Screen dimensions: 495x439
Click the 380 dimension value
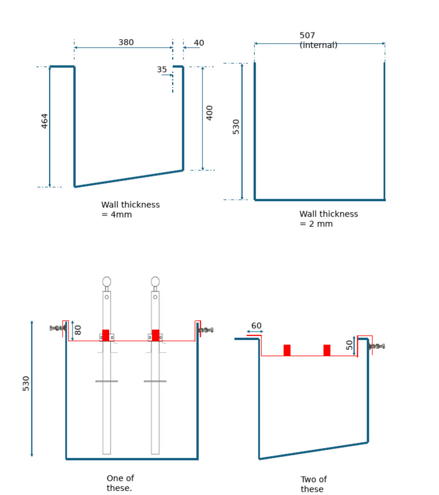tap(126, 42)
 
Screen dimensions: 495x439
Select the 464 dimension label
tap(45, 121)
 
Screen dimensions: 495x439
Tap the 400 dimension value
tap(210, 113)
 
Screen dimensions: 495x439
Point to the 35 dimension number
tap(162, 70)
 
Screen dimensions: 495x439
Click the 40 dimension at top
tap(199, 43)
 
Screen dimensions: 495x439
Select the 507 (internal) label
tap(318, 40)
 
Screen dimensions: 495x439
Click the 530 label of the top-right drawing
tap(236, 126)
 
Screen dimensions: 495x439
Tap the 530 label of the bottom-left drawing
tap(26, 384)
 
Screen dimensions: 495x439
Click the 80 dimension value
tap(78, 330)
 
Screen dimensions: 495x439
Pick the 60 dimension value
tap(256, 326)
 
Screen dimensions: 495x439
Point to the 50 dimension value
tap(350, 345)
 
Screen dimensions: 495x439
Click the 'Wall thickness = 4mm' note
tap(130, 210)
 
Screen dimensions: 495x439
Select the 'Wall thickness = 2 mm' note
tap(329, 219)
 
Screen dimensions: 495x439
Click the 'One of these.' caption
tap(120, 483)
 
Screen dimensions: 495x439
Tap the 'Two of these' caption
tap(314, 484)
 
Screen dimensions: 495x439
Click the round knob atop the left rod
tap(107, 282)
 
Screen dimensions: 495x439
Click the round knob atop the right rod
tap(155, 282)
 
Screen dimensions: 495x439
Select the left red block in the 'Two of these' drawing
tap(287, 350)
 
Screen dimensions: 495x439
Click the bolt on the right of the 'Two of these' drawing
tap(377, 346)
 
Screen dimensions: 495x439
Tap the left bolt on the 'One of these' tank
tap(58, 328)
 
